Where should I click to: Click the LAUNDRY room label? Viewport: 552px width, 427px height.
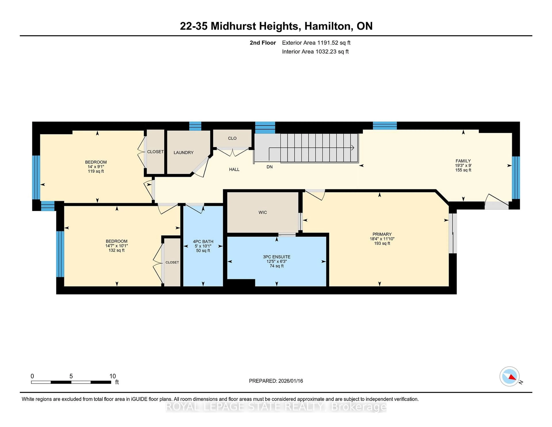click(183, 152)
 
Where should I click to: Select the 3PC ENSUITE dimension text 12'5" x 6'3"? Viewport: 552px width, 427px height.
click(277, 261)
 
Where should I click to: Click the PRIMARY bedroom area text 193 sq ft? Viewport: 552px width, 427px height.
click(382, 243)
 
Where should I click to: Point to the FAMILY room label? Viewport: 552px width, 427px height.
click(463, 161)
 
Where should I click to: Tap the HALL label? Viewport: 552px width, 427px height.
click(234, 169)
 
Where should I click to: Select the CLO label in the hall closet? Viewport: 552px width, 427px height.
click(232, 138)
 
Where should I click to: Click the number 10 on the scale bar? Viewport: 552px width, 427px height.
click(112, 376)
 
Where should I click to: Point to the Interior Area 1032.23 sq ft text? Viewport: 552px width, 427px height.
click(315, 52)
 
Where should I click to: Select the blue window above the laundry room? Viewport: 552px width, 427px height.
click(195, 126)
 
